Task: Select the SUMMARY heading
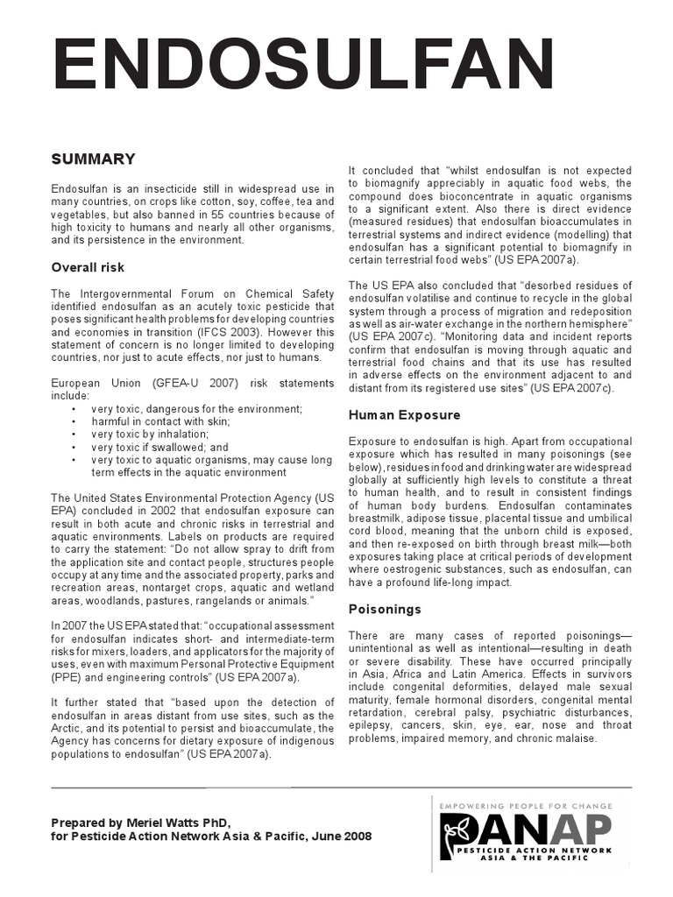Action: click(93, 159)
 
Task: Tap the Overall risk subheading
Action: click(88, 267)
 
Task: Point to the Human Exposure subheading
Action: click(392, 414)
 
